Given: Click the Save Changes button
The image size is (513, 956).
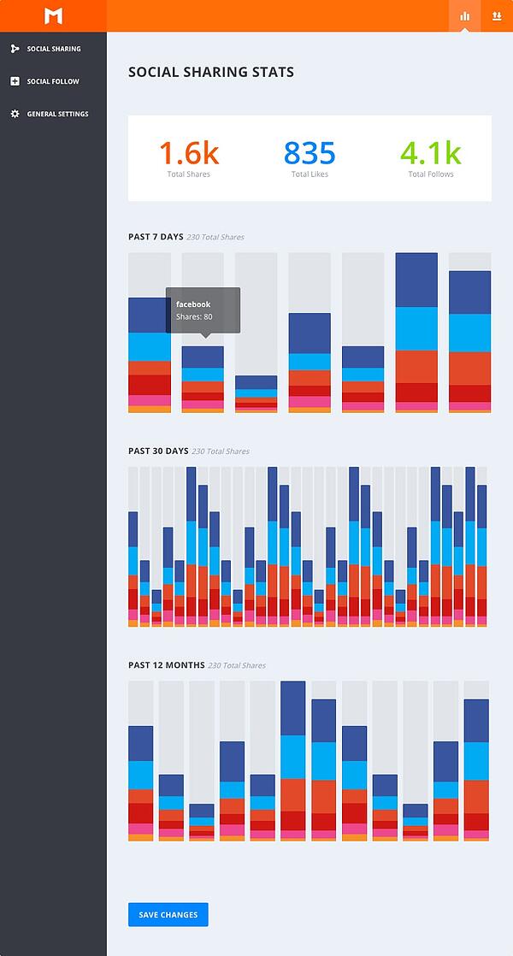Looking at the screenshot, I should (x=168, y=914).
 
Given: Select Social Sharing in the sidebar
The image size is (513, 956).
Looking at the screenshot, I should (x=53, y=49).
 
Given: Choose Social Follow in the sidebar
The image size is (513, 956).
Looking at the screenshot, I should (x=52, y=81).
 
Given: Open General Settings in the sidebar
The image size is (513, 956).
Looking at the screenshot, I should (x=57, y=114).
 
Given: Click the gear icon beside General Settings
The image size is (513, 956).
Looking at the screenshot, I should (x=15, y=114).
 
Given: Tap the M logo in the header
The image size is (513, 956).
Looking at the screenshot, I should (x=53, y=15).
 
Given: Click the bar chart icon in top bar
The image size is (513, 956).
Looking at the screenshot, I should (x=465, y=15).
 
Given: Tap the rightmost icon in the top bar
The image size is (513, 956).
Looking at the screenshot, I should (x=497, y=15).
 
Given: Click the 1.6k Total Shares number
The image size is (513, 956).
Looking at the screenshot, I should (x=189, y=153).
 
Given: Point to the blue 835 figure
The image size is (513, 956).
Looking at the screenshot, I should (x=310, y=153).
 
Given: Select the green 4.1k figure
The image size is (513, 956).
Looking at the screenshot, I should (x=431, y=153).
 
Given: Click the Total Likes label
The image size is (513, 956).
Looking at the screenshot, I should (x=310, y=174).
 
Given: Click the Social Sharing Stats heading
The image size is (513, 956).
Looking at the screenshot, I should (x=211, y=73).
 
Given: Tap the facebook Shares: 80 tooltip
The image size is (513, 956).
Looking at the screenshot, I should (x=203, y=310).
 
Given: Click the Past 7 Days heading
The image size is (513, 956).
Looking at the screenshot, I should (x=156, y=237).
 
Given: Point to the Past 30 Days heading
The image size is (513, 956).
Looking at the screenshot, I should (x=158, y=451).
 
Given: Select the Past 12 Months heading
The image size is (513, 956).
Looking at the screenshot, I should (x=166, y=665).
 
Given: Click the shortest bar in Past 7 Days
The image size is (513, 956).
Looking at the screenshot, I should (x=256, y=394).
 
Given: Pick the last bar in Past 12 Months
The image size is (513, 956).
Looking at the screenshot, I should (x=476, y=770).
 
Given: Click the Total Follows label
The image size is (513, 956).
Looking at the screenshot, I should (x=431, y=174).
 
